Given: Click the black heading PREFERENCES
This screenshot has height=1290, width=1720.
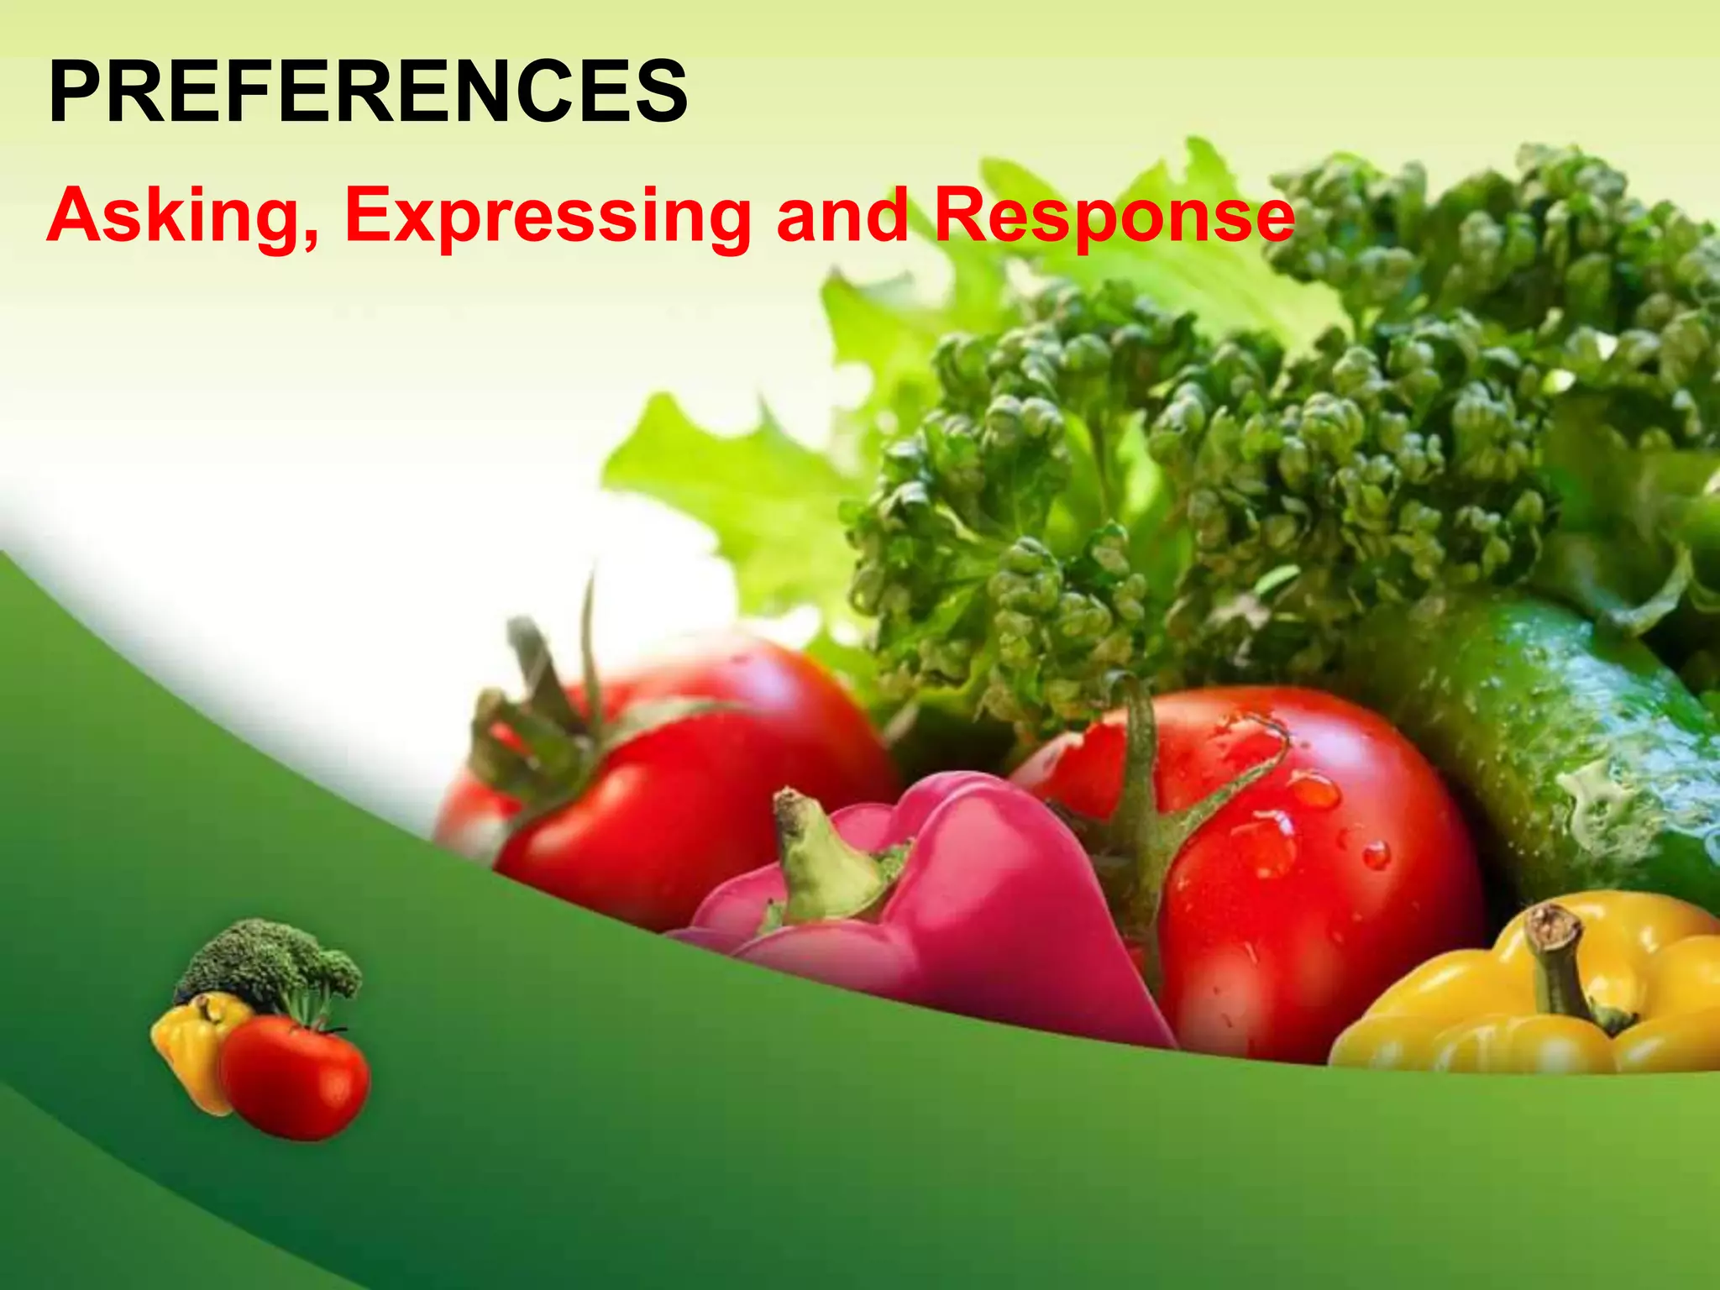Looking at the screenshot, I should [x=368, y=92].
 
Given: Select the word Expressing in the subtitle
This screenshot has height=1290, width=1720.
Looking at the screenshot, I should [x=548, y=217].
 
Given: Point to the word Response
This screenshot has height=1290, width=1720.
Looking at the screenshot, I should [x=1114, y=217].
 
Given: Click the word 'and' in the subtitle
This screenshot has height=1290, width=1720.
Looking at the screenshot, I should [x=842, y=215].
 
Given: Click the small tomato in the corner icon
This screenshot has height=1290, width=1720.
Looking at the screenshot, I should [x=294, y=1079].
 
